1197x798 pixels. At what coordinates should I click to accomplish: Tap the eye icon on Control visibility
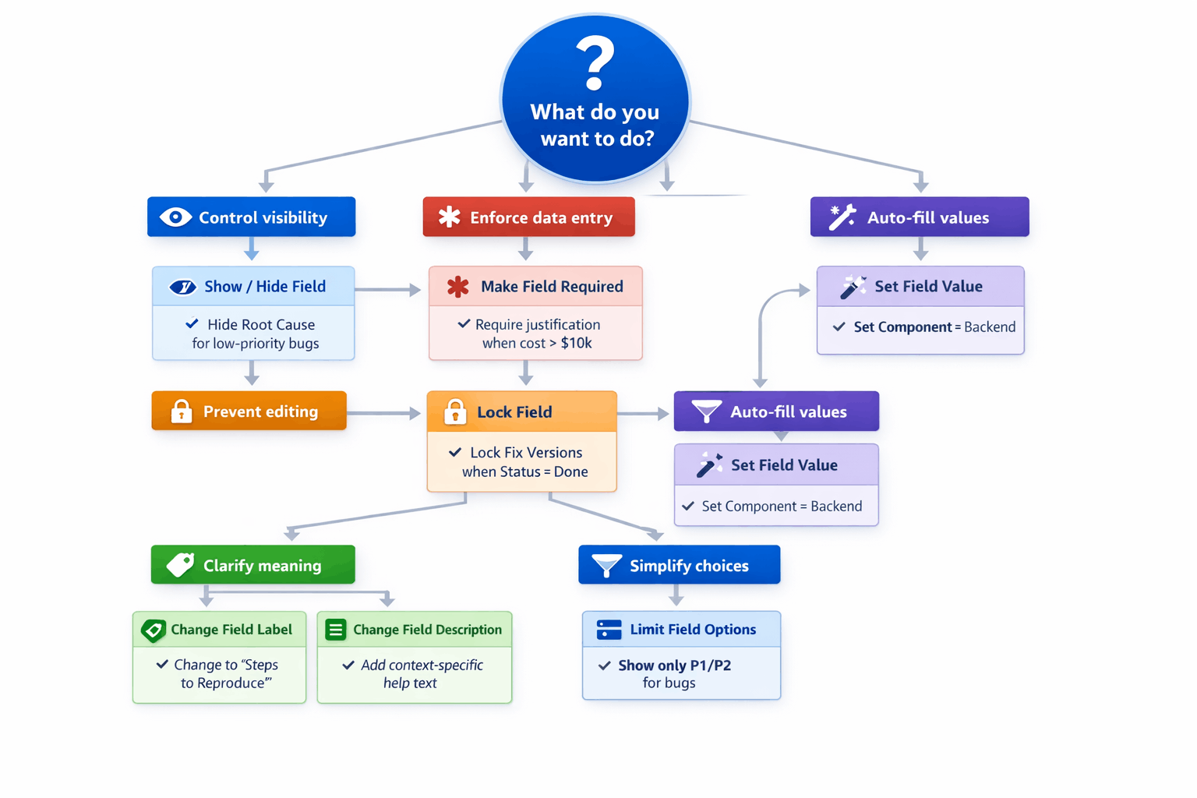point(175,217)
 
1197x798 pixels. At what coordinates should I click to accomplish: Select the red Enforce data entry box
point(528,217)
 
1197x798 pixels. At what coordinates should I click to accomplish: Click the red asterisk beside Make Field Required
point(458,287)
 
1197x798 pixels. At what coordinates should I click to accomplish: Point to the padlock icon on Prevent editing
point(182,411)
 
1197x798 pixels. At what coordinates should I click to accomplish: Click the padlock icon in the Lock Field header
point(455,411)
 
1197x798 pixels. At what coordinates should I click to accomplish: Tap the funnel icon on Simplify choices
point(606,565)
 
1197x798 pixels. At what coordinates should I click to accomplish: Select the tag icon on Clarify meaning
point(181,565)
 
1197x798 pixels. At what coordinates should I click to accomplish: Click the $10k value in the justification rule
point(576,343)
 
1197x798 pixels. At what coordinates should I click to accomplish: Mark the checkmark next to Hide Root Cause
point(192,323)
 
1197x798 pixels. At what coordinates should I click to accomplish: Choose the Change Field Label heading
point(231,630)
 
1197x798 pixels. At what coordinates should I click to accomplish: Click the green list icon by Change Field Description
point(336,630)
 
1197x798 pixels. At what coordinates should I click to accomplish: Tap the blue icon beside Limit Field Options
point(609,630)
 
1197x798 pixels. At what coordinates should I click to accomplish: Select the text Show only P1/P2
point(674,666)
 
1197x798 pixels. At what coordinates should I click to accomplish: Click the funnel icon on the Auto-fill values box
point(707,411)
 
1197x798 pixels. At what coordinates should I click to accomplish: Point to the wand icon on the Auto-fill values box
point(842,217)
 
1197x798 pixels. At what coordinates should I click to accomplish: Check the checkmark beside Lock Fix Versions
point(455,452)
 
